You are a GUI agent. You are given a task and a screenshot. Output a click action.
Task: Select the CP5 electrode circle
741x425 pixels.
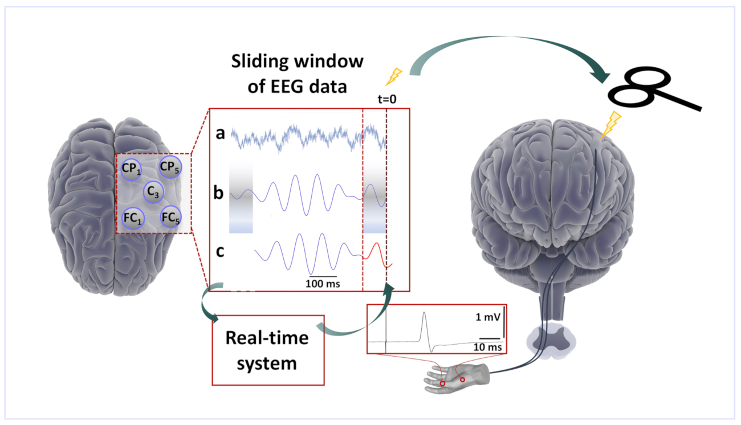pyautogui.click(x=169, y=167)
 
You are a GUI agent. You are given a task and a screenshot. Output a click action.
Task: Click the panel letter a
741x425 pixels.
pyautogui.click(x=220, y=134)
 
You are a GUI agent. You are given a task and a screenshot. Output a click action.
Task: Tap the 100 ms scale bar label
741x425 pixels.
pyautogui.click(x=323, y=283)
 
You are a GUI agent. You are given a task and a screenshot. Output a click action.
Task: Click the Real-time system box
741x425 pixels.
pyautogui.click(x=268, y=350)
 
